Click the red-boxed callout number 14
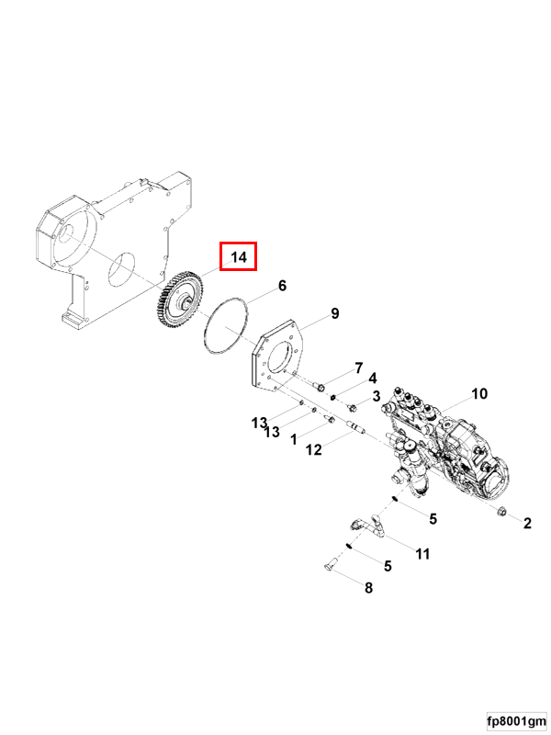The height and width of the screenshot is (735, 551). pyautogui.click(x=239, y=257)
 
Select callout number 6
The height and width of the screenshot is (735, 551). pyautogui.click(x=283, y=286)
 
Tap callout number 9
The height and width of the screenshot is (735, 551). pyautogui.click(x=335, y=314)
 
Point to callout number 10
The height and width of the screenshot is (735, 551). pyautogui.click(x=479, y=394)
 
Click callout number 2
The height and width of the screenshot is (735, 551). pyautogui.click(x=527, y=524)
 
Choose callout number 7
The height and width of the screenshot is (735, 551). pyautogui.click(x=359, y=367)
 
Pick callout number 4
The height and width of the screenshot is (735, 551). pyautogui.click(x=373, y=379)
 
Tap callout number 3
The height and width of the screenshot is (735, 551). pyautogui.click(x=377, y=396)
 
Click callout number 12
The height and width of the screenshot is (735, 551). pyautogui.click(x=314, y=449)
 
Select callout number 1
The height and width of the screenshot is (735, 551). pyautogui.click(x=293, y=440)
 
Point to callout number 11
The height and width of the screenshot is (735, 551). pyautogui.click(x=422, y=553)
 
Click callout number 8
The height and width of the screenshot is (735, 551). pyautogui.click(x=369, y=588)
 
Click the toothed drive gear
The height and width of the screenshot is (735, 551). pyautogui.click(x=176, y=302)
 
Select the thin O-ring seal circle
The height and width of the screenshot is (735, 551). pyautogui.click(x=225, y=326)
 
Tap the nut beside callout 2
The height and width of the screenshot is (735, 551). pyautogui.click(x=503, y=512)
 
